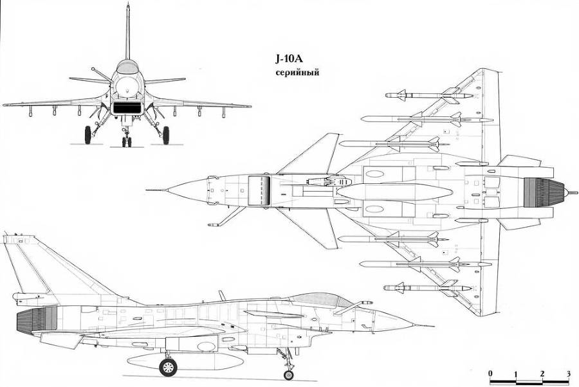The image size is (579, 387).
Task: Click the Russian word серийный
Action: click(297, 73)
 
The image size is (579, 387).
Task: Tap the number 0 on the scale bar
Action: click(490, 373)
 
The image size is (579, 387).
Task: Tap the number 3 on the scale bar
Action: click(569, 373)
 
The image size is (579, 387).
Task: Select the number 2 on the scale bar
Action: click(542, 373)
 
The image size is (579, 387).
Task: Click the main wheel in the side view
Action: click(168, 368)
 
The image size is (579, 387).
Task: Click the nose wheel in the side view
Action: click(288, 375)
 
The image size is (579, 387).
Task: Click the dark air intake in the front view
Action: click(127, 107)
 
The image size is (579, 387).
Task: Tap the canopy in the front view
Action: click(127, 67)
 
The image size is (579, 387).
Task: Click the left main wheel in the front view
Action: click(88, 135)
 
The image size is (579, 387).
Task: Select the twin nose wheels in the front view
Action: click(127, 141)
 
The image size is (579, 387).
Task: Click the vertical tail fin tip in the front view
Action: click(128, 4)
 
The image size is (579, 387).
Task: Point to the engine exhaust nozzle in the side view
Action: click(37, 319)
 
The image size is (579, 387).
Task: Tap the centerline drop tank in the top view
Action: click(394, 192)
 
